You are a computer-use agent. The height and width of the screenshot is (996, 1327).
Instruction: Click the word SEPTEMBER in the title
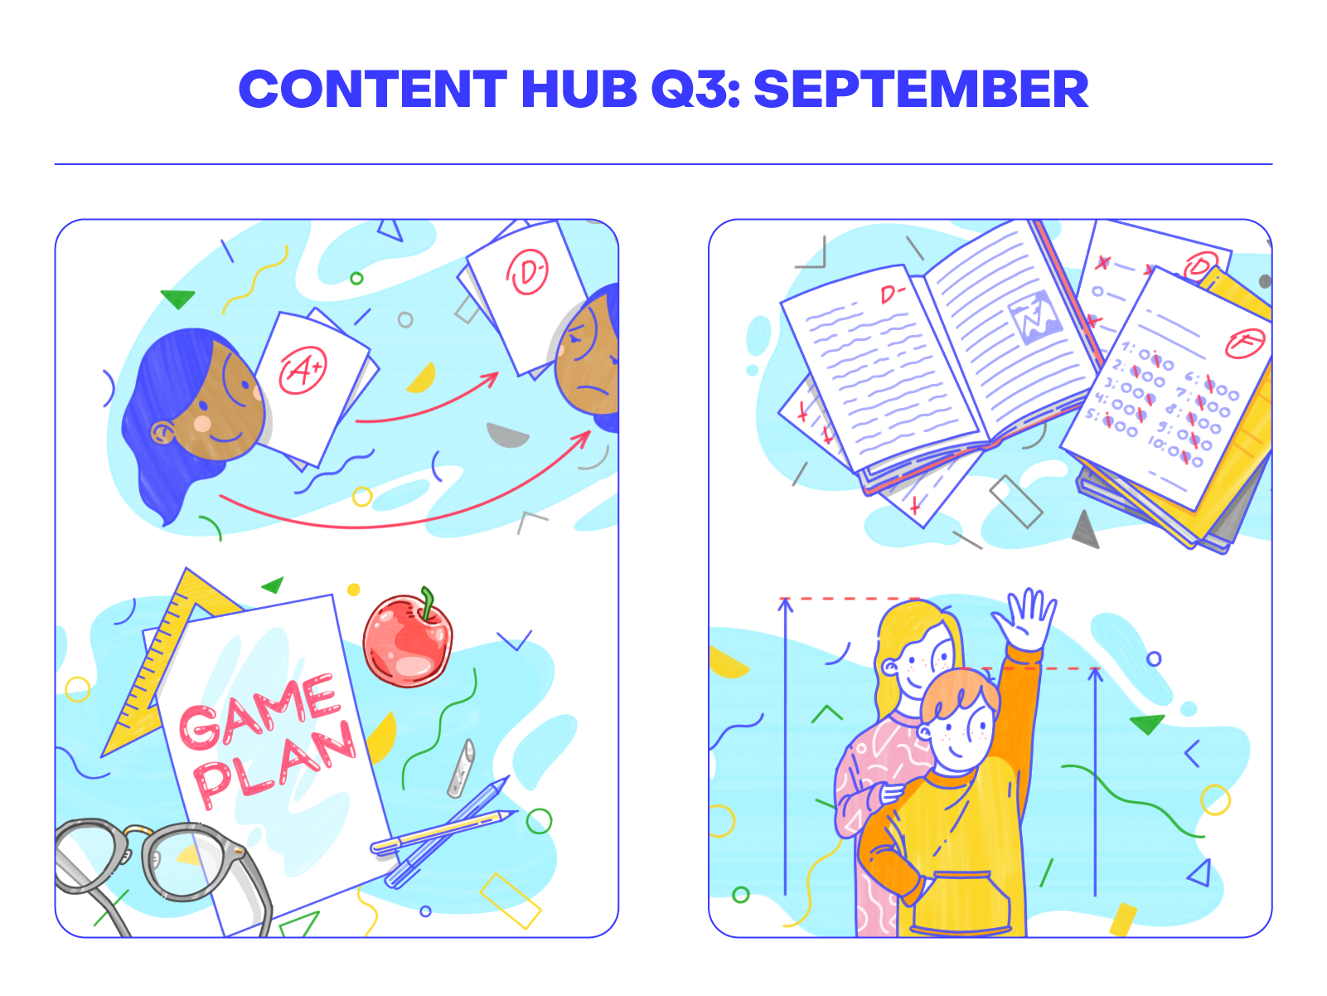tap(920, 90)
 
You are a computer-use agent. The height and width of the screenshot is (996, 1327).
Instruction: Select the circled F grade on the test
tap(1244, 342)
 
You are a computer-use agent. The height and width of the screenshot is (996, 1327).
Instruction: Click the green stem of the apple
tap(428, 602)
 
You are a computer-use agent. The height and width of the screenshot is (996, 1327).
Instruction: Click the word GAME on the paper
tap(259, 711)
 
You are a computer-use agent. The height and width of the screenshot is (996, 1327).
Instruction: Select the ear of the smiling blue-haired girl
tap(162, 432)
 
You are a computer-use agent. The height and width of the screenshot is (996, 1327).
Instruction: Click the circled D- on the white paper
tap(528, 273)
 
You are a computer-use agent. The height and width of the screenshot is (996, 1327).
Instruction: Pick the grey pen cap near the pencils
tap(462, 768)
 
